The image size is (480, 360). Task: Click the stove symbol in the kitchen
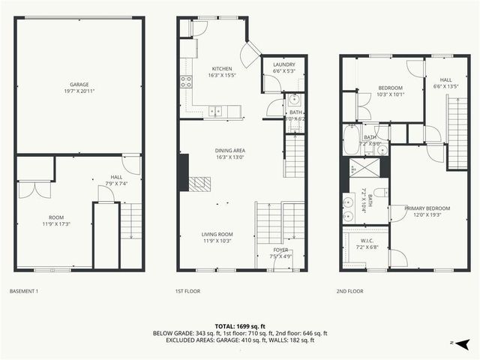[x=184, y=82]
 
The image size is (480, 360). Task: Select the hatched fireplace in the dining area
[x=200, y=182]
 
